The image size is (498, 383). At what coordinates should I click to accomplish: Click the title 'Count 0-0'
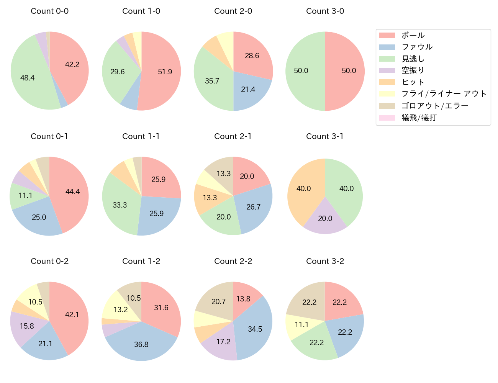(x=50, y=11)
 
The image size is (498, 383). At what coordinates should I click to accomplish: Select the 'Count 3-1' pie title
(x=325, y=136)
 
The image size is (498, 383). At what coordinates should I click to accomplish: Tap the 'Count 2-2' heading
(x=233, y=261)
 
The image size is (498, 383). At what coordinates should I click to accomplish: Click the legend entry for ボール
(x=413, y=36)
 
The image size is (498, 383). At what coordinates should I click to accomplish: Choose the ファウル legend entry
(x=417, y=47)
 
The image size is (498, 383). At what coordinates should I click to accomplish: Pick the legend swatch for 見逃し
(x=387, y=59)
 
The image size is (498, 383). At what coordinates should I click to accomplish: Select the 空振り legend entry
(x=413, y=70)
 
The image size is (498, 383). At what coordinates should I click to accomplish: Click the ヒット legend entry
(x=413, y=82)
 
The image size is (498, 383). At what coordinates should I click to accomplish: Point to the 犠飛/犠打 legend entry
(x=419, y=118)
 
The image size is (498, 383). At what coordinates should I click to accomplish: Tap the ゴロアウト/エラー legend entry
(x=435, y=106)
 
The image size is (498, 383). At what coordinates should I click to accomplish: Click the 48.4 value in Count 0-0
(x=28, y=78)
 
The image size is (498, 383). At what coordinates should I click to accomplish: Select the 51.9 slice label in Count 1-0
(x=165, y=72)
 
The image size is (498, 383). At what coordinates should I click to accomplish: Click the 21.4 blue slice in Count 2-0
(x=248, y=90)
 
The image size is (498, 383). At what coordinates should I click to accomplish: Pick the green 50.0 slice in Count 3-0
(x=301, y=71)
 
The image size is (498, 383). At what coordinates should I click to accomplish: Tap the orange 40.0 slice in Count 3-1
(x=304, y=189)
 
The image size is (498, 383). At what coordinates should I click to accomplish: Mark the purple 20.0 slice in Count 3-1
(x=325, y=219)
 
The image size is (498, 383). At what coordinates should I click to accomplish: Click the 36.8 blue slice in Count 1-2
(x=141, y=345)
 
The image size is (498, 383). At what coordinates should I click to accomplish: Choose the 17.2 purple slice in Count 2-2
(x=223, y=342)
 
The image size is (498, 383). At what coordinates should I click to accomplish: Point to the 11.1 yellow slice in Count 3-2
(x=302, y=325)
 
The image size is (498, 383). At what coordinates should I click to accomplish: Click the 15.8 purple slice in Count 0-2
(x=27, y=326)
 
